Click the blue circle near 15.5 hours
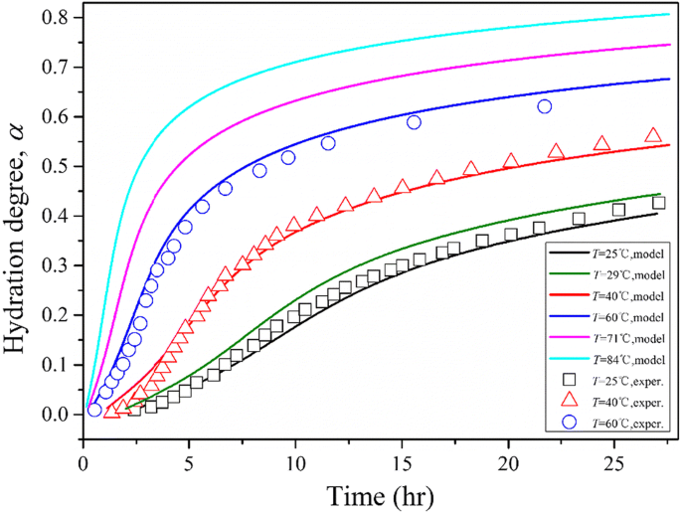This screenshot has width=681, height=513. point(415,122)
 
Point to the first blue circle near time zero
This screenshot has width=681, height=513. point(94,410)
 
